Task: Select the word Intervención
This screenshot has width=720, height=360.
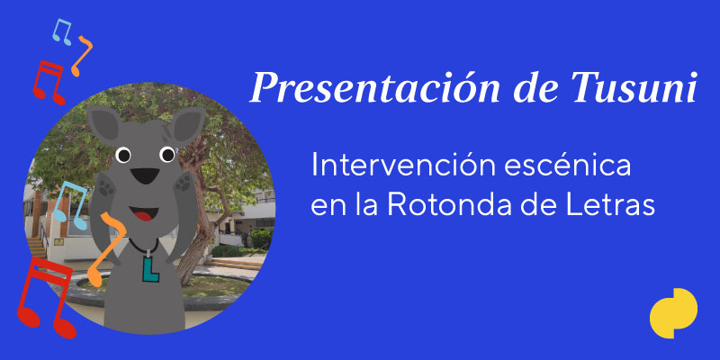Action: (x=402, y=166)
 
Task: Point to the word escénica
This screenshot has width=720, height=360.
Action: (x=568, y=166)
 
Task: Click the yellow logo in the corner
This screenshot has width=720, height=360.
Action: (x=673, y=312)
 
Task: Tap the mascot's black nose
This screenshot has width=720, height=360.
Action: (x=145, y=175)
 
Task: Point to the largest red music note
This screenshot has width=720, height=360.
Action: (x=46, y=298)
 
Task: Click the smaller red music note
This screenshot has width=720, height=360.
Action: (x=49, y=82)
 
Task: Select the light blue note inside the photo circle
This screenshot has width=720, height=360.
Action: (x=70, y=205)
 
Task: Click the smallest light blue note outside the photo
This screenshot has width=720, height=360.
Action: (x=62, y=31)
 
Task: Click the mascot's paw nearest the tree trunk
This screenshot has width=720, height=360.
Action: (x=184, y=184)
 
